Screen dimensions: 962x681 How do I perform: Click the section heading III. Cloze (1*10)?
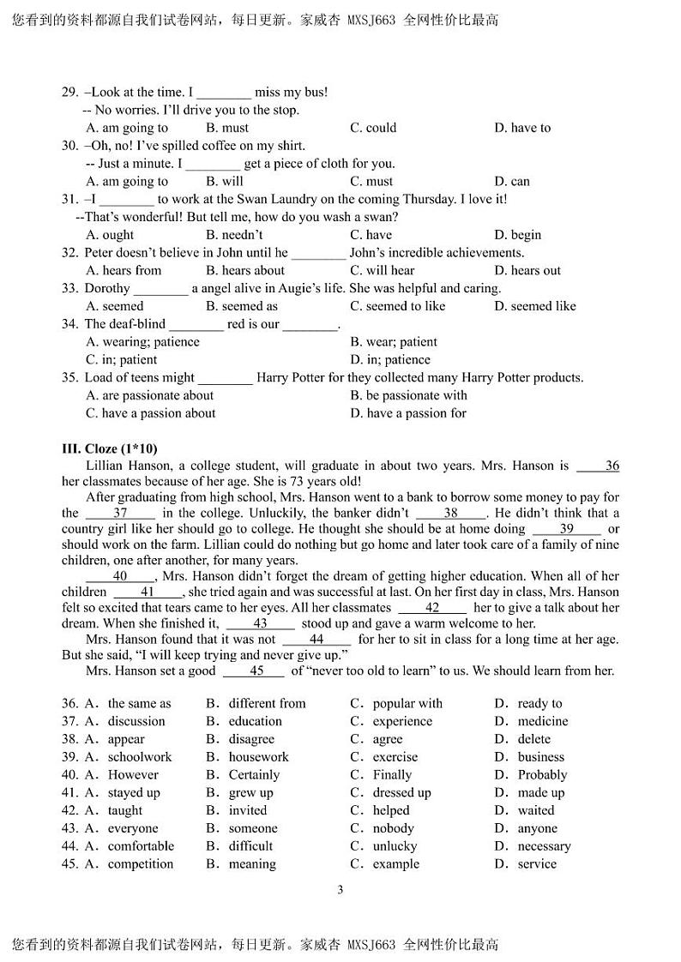109,448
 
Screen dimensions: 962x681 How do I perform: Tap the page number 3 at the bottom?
340,889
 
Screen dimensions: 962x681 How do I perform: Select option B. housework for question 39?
247,757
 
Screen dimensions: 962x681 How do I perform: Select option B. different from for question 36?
256,703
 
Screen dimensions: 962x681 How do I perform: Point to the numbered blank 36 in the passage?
599,466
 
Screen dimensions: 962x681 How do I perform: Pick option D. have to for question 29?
522,128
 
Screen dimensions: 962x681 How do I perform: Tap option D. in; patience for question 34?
390,360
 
